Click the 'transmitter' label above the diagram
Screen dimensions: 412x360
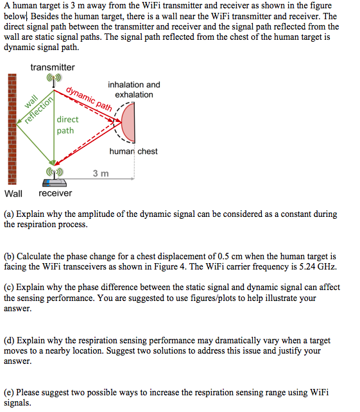(x=52, y=67)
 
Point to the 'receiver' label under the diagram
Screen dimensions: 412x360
(x=55, y=193)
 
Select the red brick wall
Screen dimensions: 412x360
(x=12, y=128)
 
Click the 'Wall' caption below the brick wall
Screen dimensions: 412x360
(x=13, y=193)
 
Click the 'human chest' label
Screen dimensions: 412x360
(x=133, y=151)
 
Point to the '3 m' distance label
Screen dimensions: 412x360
(x=101, y=173)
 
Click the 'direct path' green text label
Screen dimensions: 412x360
(x=67, y=124)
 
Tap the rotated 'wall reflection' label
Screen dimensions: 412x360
(x=36, y=107)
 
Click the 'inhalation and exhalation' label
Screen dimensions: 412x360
(x=134, y=89)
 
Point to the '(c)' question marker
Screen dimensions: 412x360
(x=10, y=288)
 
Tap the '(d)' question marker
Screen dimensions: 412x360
(x=10, y=341)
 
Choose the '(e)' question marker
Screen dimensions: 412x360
(x=10, y=393)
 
